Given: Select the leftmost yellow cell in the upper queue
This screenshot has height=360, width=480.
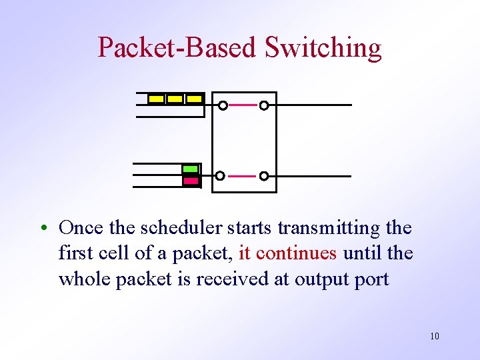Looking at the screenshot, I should [156, 99].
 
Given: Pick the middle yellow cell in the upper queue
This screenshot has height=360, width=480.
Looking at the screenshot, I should [175, 99].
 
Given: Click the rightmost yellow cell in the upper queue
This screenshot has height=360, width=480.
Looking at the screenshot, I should [194, 99].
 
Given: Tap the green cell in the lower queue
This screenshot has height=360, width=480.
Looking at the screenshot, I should [191, 169].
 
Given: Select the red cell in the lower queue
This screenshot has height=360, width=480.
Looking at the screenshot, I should [191, 180].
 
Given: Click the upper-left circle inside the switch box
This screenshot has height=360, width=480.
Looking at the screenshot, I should [223, 105].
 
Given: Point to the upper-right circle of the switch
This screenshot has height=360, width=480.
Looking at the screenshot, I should [264, 105].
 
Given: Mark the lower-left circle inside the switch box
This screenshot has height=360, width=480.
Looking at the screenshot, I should [220, 176].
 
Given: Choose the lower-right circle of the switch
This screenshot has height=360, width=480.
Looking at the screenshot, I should [264, 176].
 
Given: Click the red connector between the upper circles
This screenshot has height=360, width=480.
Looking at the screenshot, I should [243, 105].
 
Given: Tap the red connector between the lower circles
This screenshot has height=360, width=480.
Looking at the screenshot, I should [242, 176].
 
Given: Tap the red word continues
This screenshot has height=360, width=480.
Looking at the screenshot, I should [296, 253].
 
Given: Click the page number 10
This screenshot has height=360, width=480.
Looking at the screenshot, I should [435, 336].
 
